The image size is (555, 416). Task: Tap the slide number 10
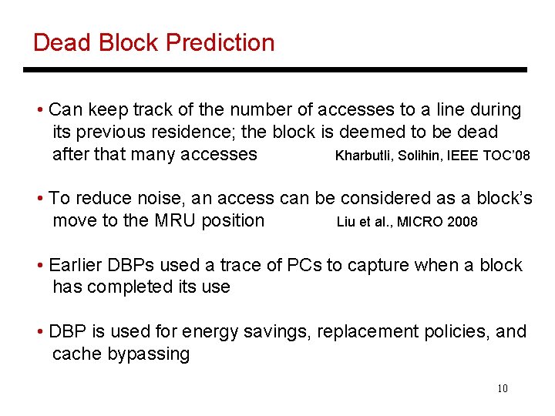pos(502,388)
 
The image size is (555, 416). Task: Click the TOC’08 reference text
pos(506,156)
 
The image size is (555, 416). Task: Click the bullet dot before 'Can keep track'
pos(39,110)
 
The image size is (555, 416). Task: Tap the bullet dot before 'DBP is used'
pos(39,332)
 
